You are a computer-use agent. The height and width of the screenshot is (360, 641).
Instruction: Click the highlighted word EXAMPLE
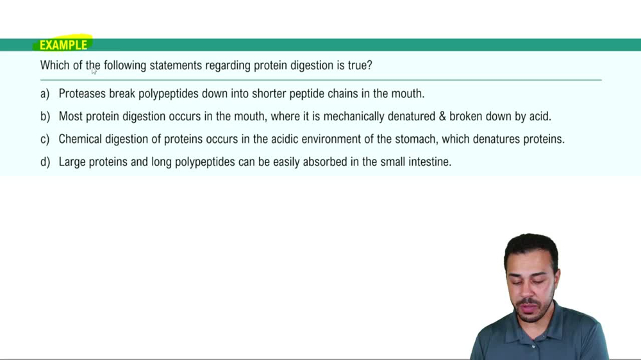coord(63,45)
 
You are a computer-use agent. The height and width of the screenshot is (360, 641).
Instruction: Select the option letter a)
coord(44,94)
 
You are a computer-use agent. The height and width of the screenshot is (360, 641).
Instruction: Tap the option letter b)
coord(44,117)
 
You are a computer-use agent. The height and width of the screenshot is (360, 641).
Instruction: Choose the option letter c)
coord(44,139)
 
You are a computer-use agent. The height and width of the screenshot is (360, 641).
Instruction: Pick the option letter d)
coord(44,162)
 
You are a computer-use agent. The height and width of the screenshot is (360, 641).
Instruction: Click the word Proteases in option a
coord(82,94)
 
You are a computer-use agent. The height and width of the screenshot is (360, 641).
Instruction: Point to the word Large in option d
coord(72,162)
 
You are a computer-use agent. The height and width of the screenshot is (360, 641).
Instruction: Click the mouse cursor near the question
coord(94,70)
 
